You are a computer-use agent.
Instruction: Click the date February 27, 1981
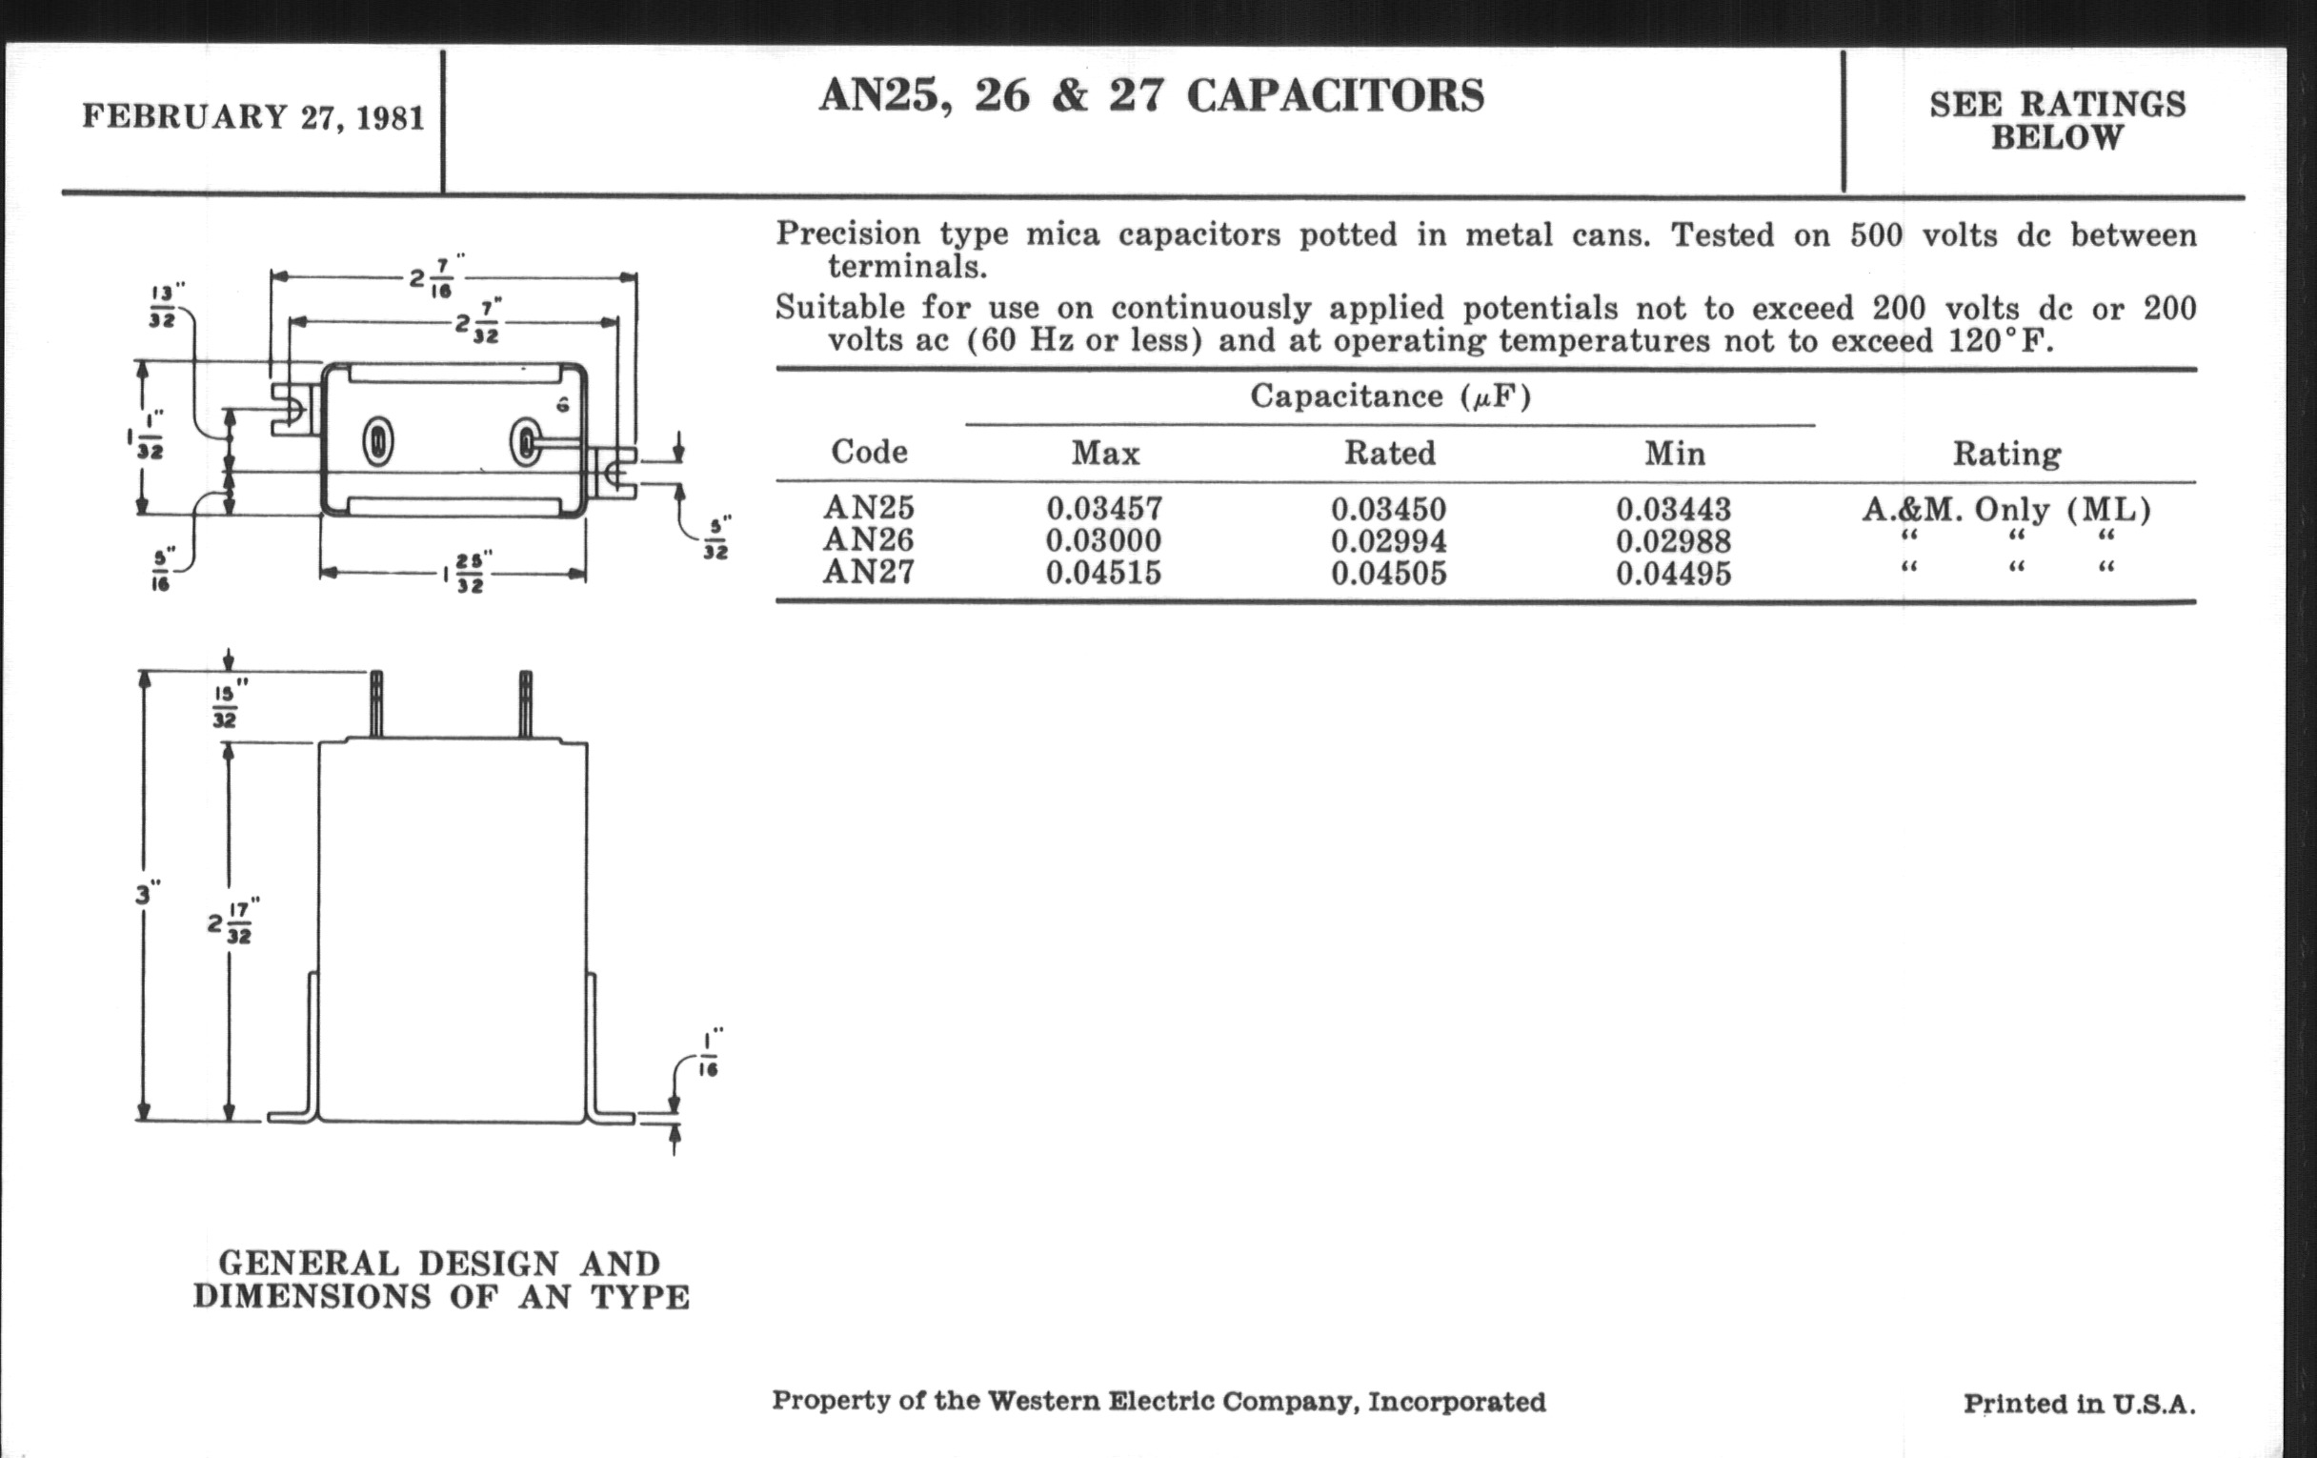(253, 117)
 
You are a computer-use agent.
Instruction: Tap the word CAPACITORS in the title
(1336, 96)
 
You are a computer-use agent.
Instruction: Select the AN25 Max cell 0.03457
(1104, 508)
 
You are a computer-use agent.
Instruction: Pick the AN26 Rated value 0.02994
(1388, 541)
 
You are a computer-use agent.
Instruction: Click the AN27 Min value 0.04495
(1673, 574)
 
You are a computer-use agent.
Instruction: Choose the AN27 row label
(868, 573)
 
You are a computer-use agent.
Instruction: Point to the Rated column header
(1389, 453)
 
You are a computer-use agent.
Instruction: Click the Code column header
(869, 452)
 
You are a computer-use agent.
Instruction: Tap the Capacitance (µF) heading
(1389, 395)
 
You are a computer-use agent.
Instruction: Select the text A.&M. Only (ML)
(2006, 508)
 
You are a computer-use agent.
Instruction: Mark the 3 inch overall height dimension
(147, 895)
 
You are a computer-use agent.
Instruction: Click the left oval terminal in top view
(377, 442)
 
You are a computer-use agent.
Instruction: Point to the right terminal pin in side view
(525, 703)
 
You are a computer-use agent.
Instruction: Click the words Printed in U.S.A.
(2079, 1403)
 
